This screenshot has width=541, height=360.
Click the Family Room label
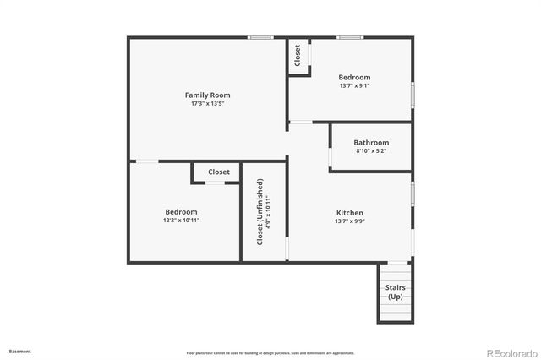(x=207, y=95)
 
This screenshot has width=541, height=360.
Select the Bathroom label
(x=371, y=143)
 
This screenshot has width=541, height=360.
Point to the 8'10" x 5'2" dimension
(x=371, y=151)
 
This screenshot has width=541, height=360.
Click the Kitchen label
(x=350, y=213)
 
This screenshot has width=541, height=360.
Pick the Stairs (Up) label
(x=395, y=292)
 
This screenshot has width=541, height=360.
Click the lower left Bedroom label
(x=181, y=211)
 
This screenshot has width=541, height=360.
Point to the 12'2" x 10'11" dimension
(x=181, y=220)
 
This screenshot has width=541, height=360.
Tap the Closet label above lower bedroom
(x=219, y=172)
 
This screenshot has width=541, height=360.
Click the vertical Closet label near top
(x=298, y=56)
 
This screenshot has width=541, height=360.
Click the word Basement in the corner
(x=20, y=351)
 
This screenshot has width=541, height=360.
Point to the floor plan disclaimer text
(x=270, y=353)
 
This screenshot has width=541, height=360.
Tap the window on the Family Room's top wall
(x=260, y=37)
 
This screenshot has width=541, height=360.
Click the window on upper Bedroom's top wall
(x=350, y=37)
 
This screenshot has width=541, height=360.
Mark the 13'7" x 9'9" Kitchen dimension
(x=350, y=221)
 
